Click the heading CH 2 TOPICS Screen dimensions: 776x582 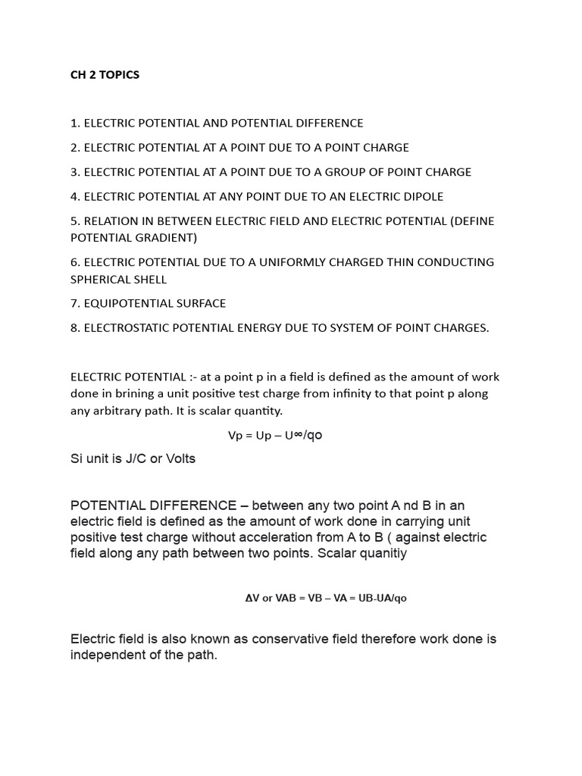pyautogui.click(x=105, y=75)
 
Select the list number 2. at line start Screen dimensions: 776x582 pyautogui.click(x=75, y=147)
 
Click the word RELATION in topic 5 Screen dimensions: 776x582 pyautogui.click(x=110, y=221)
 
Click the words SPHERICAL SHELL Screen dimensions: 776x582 pyautogui.click(x=118, y=279)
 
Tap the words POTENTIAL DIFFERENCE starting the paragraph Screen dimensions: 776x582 pyautogui.click(x=153, y=505)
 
